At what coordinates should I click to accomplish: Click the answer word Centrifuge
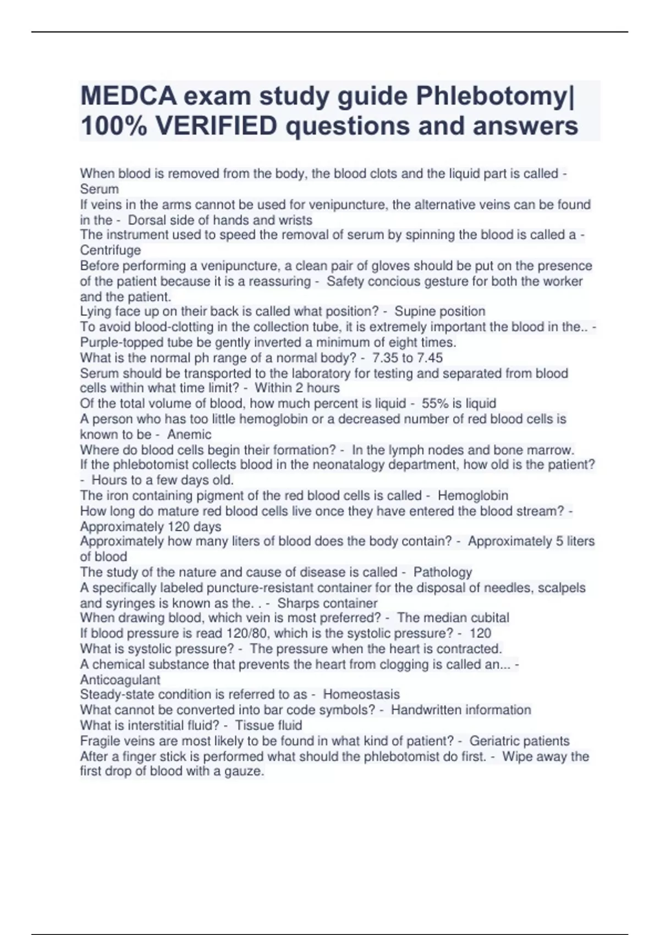click(x=111, y=250)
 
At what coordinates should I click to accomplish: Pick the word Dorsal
click(x=147, y=220)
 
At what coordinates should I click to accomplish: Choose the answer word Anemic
click(x=189, y=434)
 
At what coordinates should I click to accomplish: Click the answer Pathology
click(x=443, y=572)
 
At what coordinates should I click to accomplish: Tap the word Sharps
click(x=298, y=603)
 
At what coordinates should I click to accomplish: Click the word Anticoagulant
click(x=120, y=680)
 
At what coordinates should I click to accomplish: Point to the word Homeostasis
click(x=361, y=694)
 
